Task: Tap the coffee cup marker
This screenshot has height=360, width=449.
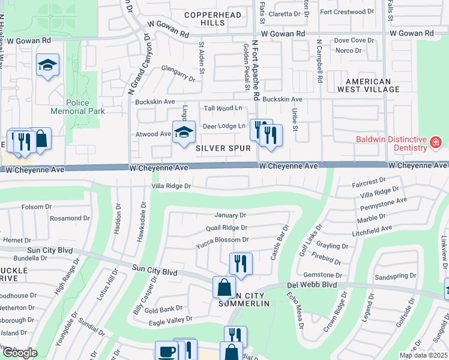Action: [166, 352]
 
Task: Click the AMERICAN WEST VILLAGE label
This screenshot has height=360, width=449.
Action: [372, 85]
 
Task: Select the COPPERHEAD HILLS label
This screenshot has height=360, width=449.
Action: [212, 19]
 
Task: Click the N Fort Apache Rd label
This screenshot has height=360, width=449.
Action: [255, 71]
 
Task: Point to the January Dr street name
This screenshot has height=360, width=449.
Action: [231, 215]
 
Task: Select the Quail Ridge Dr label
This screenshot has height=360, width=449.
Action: [226, 227]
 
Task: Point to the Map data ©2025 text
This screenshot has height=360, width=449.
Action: [424, 355]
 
